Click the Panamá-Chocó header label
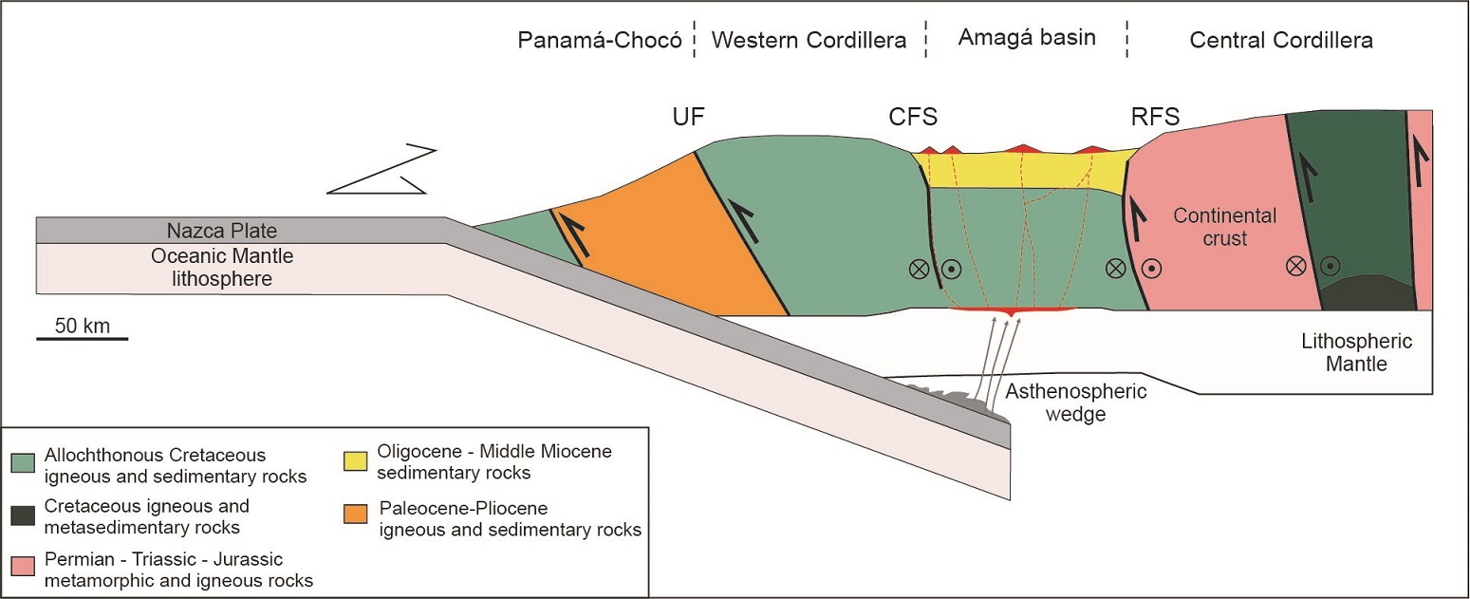coord(600,41)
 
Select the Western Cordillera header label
coord(809,41)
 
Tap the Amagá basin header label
coord(1027,38)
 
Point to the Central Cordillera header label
coord(1280,41)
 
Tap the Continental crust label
coord(1225,227)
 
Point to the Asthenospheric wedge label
coord(1076,402)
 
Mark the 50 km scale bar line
coord(83,338)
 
